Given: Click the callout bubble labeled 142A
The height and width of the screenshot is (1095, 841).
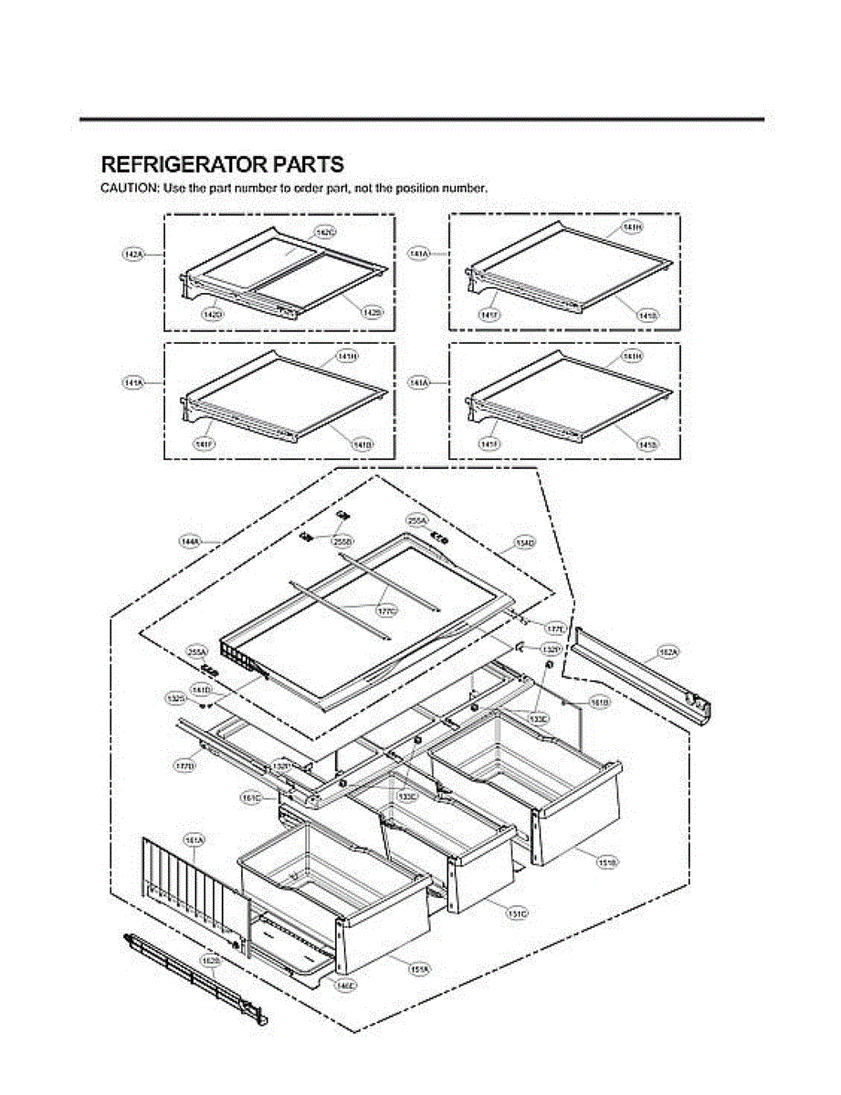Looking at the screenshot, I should (134, 255).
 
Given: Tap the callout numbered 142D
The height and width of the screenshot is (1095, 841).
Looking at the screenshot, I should (213, 313).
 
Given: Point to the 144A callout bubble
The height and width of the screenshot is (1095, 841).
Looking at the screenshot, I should (190, 541).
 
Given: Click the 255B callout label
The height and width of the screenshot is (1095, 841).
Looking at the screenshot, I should (343, 541).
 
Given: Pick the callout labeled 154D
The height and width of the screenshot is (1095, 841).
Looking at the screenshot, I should (525, 544).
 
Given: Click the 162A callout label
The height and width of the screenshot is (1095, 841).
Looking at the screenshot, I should (668, 652).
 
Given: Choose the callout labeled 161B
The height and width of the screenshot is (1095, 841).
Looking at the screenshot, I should (599, 703).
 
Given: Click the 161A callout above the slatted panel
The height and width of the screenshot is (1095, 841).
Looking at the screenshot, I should (194, 839).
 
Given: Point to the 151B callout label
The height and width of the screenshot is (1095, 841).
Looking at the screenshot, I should (606, 861).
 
